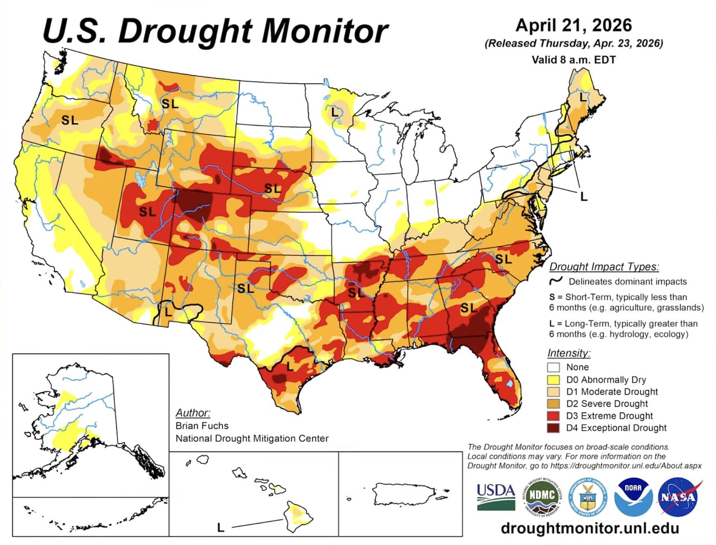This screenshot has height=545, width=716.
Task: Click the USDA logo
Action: click(495, 496)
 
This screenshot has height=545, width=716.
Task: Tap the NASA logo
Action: click(678, 496)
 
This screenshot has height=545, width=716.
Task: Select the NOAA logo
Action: click(633, 496)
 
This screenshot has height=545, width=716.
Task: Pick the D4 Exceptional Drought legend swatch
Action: click(553, 428)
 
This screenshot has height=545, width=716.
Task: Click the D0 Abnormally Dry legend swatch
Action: click(553, 380)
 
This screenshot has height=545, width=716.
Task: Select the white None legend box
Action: click(553, 367)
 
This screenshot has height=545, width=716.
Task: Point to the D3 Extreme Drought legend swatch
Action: click(553, 416)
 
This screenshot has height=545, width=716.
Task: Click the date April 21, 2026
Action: click(574, 26)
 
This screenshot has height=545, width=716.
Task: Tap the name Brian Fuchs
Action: click(202, 426)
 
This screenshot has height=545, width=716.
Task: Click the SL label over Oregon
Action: click(70, 120)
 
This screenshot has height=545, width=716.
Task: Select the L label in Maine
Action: click(583, 98)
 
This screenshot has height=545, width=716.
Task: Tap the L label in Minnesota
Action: click(335, 112)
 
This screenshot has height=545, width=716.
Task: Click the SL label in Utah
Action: click(147, 212)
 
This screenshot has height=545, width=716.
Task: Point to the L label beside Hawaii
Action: click(221, 527)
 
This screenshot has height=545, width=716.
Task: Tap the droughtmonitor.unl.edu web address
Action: click(590, 528)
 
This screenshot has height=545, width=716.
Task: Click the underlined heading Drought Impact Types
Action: click(604, 267)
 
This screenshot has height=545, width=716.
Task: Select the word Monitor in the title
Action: click(325, 31)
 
